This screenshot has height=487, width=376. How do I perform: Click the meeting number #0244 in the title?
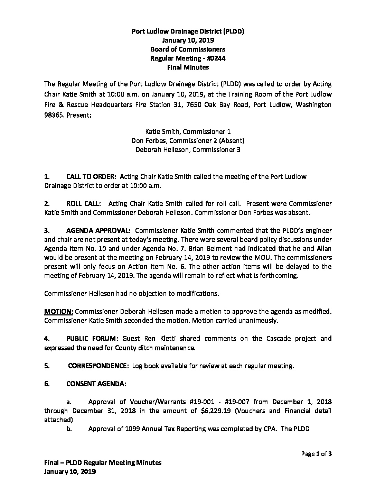[x=217, y=58]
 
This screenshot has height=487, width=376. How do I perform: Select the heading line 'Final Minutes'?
[x=188, y=67]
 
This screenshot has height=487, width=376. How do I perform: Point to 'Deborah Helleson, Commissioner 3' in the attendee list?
[x=188, y=150]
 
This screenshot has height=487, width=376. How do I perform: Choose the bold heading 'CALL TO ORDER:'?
[x=91, y=177]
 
